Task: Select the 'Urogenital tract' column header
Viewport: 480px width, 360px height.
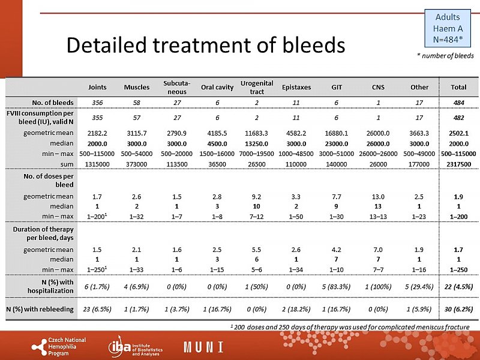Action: click(256, 87)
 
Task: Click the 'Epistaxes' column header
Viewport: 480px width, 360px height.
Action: click(296, 87)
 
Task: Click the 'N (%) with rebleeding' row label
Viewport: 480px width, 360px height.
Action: click(40, 309)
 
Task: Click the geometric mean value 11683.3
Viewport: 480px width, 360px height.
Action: click(256, 133)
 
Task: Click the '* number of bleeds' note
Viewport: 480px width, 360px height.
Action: click(445, 56)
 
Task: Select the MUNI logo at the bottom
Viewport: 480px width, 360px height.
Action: click(203, 347)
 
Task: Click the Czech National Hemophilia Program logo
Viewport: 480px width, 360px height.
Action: click(60, 346)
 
